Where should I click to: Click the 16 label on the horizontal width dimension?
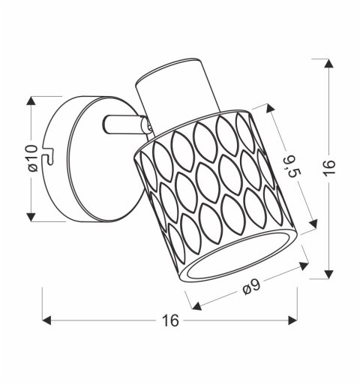[169, 320]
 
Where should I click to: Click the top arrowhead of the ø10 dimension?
[31, 101]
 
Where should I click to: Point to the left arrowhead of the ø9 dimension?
[197, 306]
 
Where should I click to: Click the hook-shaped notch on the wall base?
[50, 158]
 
